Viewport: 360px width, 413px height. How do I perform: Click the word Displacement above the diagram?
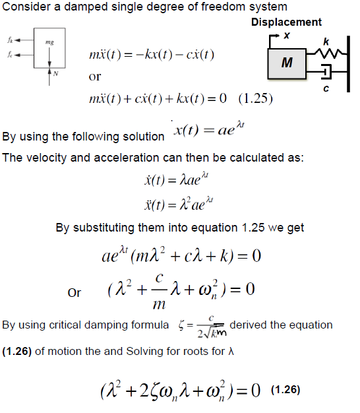[286, 22]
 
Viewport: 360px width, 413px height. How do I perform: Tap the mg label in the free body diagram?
[48, 43]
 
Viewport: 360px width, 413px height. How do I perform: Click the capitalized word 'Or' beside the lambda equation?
[75, 292]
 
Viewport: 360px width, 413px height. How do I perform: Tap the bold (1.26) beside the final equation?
[284, 389]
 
